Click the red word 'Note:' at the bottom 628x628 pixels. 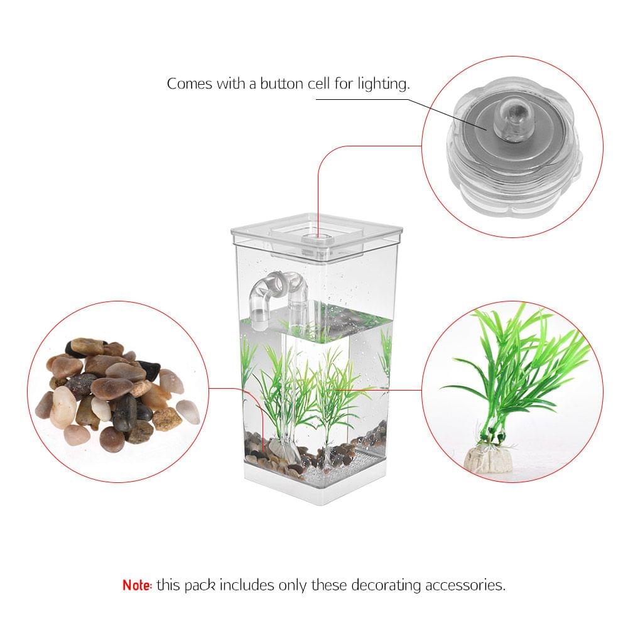(x=137, y=585)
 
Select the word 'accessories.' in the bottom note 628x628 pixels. (x=465, y=585)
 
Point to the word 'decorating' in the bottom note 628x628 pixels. (x=386, y=585)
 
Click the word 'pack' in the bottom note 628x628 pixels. (x=199, y=585)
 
